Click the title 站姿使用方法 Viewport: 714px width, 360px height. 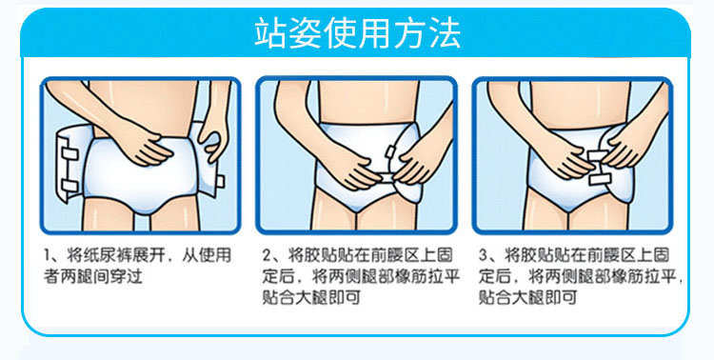tap(357, 32)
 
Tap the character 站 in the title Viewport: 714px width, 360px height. tap(271, 32)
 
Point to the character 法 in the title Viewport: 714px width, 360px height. tap(445, 32)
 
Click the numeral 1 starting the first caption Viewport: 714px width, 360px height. tap(47, 255)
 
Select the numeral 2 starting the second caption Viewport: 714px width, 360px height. tap(267, 255)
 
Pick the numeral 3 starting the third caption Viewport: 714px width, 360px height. tap(483, 255)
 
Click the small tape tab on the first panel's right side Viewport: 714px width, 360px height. tap(220, 181)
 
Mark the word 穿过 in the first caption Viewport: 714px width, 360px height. tap(129, 276)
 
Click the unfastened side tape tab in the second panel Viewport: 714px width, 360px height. tap(390, 150)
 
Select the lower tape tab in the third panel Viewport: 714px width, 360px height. tap(599, 179)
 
